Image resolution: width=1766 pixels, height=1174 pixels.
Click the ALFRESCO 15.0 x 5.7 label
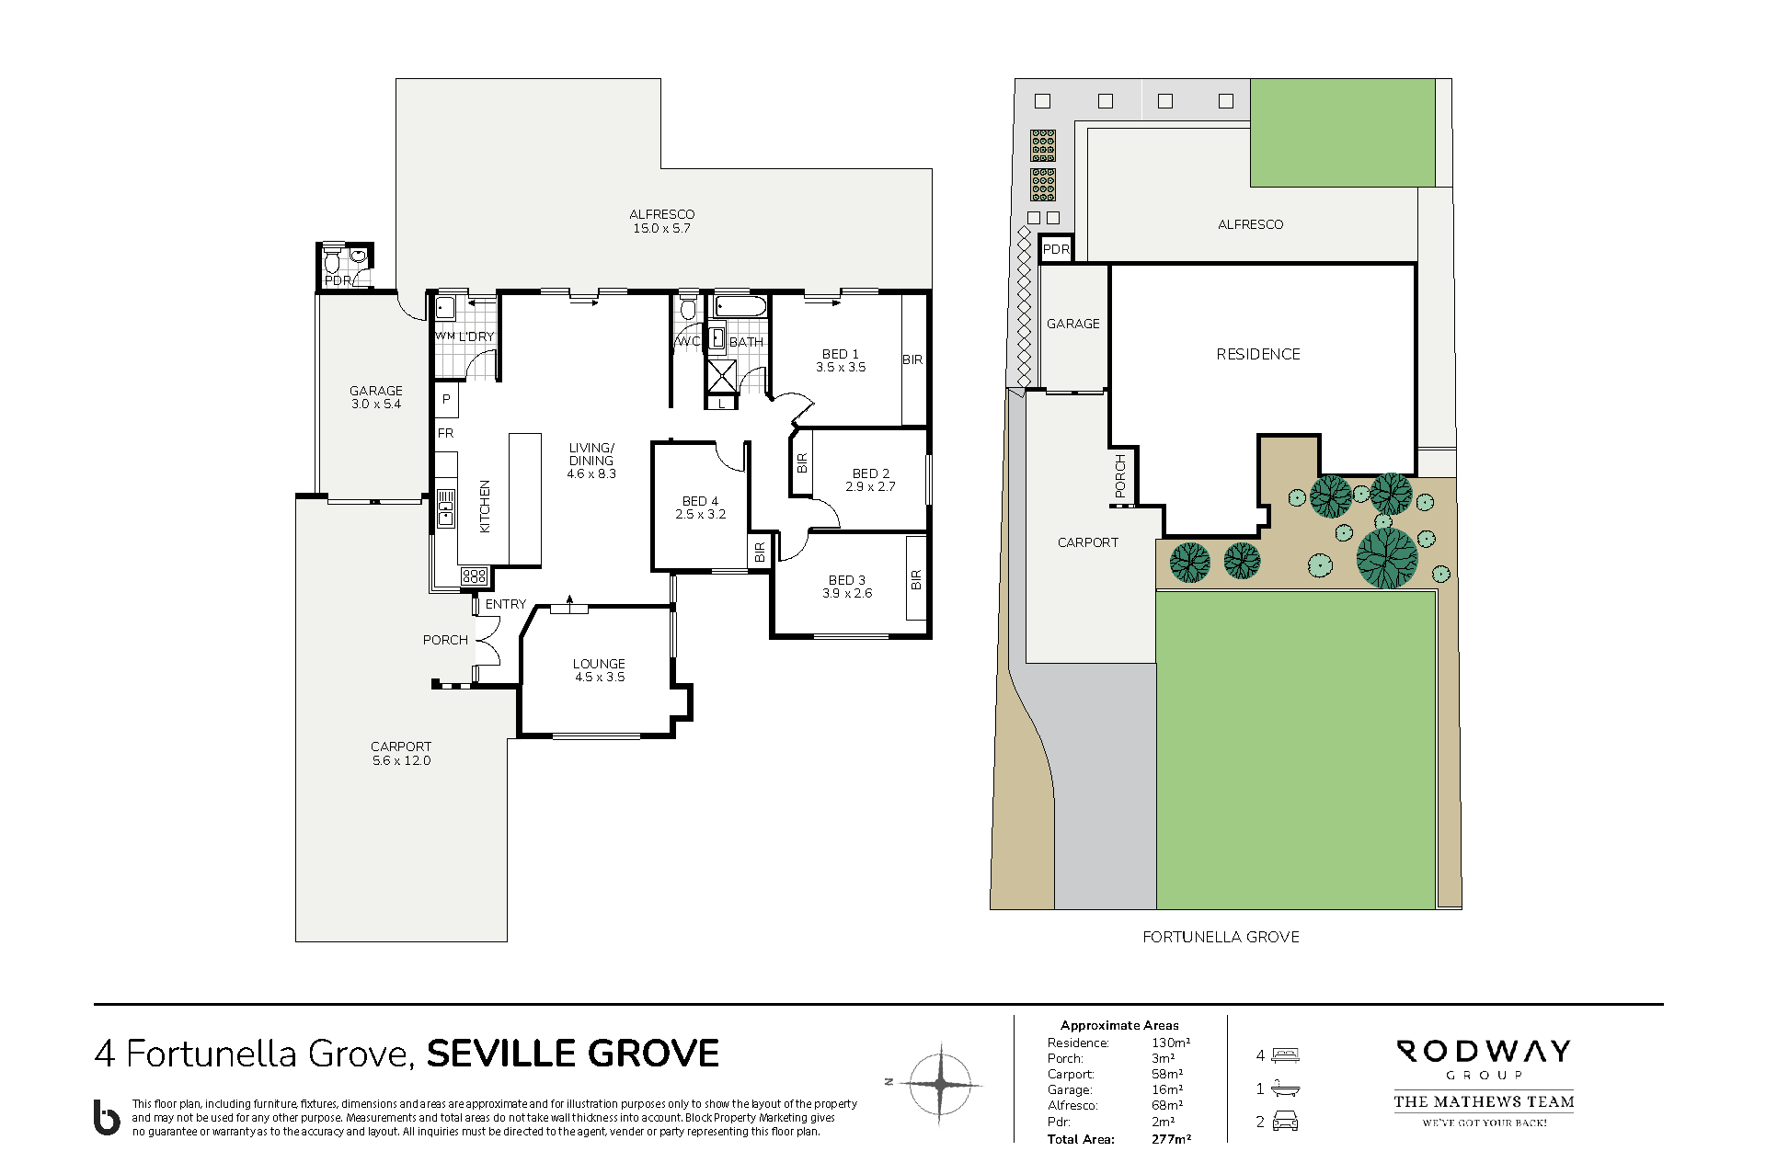pos(661,222)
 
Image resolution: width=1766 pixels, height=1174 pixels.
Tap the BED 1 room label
pos(841,354)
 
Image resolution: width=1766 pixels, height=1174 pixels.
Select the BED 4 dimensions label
pos(701,515)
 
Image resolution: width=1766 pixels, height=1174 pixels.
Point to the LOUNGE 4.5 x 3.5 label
pos(599,670)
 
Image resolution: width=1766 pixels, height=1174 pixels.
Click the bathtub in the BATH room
pos(740,306)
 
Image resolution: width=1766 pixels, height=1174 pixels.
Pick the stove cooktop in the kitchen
pos(475,576)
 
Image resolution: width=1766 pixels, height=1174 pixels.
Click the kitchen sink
pos(446,508)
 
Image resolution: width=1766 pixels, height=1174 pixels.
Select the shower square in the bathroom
pos(722,376)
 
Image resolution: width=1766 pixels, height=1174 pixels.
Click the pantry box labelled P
pos(446,400)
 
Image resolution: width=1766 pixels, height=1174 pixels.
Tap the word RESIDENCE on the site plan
pos(1258,354)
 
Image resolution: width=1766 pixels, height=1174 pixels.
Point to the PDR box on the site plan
pos(1056,249)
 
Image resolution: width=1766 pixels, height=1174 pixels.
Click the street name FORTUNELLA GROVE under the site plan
pos(1221,937)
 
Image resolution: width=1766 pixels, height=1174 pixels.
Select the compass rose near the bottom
pos(941,1084)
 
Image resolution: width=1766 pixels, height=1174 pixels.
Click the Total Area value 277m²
pos(1171,1139)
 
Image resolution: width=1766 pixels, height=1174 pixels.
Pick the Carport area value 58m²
pos(1167,1074)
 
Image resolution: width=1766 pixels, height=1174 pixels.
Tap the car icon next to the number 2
pos(1285,1122)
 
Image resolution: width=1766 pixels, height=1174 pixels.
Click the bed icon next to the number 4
pos(1285,1055)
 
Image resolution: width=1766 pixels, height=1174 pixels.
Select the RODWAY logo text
pos(1484,1051)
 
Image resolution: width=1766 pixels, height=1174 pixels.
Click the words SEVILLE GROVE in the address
pos(573,1054)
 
